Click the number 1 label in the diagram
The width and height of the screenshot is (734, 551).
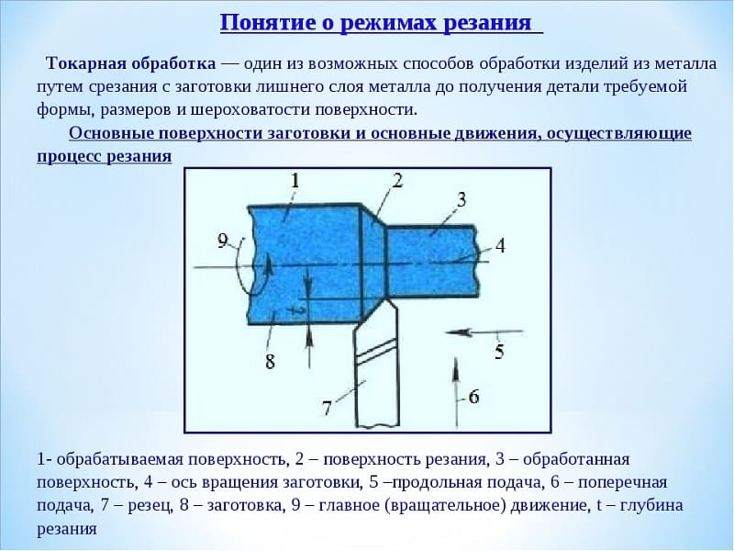pos(295,181)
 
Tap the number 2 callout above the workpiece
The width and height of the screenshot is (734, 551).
pos(397,180)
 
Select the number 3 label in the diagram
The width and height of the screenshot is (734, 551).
pos(462,199)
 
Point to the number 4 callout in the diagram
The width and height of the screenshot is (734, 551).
pos(500,245)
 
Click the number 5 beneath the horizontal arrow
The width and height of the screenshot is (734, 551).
pos(499,352)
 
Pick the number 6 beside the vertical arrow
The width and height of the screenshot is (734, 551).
pos(473,397)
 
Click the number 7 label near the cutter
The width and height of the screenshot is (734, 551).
pos(327,409)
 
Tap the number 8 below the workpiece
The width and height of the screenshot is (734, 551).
pos(270,362)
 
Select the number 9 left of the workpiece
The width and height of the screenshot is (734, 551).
pos(223,242)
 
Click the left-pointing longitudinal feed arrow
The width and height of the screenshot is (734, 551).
pos(484,332)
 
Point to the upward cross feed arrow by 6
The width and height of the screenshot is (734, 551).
pos(456,393)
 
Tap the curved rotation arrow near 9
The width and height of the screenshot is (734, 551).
pos(239,272)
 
